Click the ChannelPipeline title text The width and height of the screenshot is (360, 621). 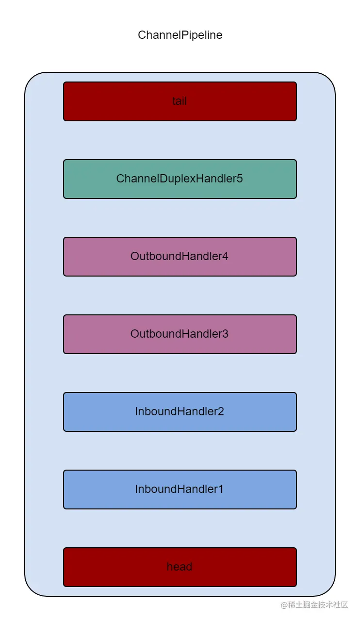point(180,35)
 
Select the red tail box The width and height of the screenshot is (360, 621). point(180,101)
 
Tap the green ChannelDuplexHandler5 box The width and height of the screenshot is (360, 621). point(180,179)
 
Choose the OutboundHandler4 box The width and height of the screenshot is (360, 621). point(180,257)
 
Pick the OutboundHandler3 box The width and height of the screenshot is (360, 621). point(180,334)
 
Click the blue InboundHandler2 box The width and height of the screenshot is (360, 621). point(180,412)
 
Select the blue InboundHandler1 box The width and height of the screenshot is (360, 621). point(180,490)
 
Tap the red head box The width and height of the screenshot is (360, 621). point(180,567)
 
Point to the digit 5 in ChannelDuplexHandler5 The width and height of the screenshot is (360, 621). point(240,179)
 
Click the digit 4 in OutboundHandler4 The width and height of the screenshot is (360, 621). point(225,256)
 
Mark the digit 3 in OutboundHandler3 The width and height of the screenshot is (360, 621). point(225,334)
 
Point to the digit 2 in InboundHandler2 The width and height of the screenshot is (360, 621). point(221,411)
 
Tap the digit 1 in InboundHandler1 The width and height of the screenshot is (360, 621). point(221,489)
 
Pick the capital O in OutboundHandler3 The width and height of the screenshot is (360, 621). point(134,334)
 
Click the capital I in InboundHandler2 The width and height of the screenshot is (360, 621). point(136,411)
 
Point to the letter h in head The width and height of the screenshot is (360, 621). point(169,567)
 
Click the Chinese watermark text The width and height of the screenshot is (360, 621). point(318,605)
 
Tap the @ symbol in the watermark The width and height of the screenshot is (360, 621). point(284,605)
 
